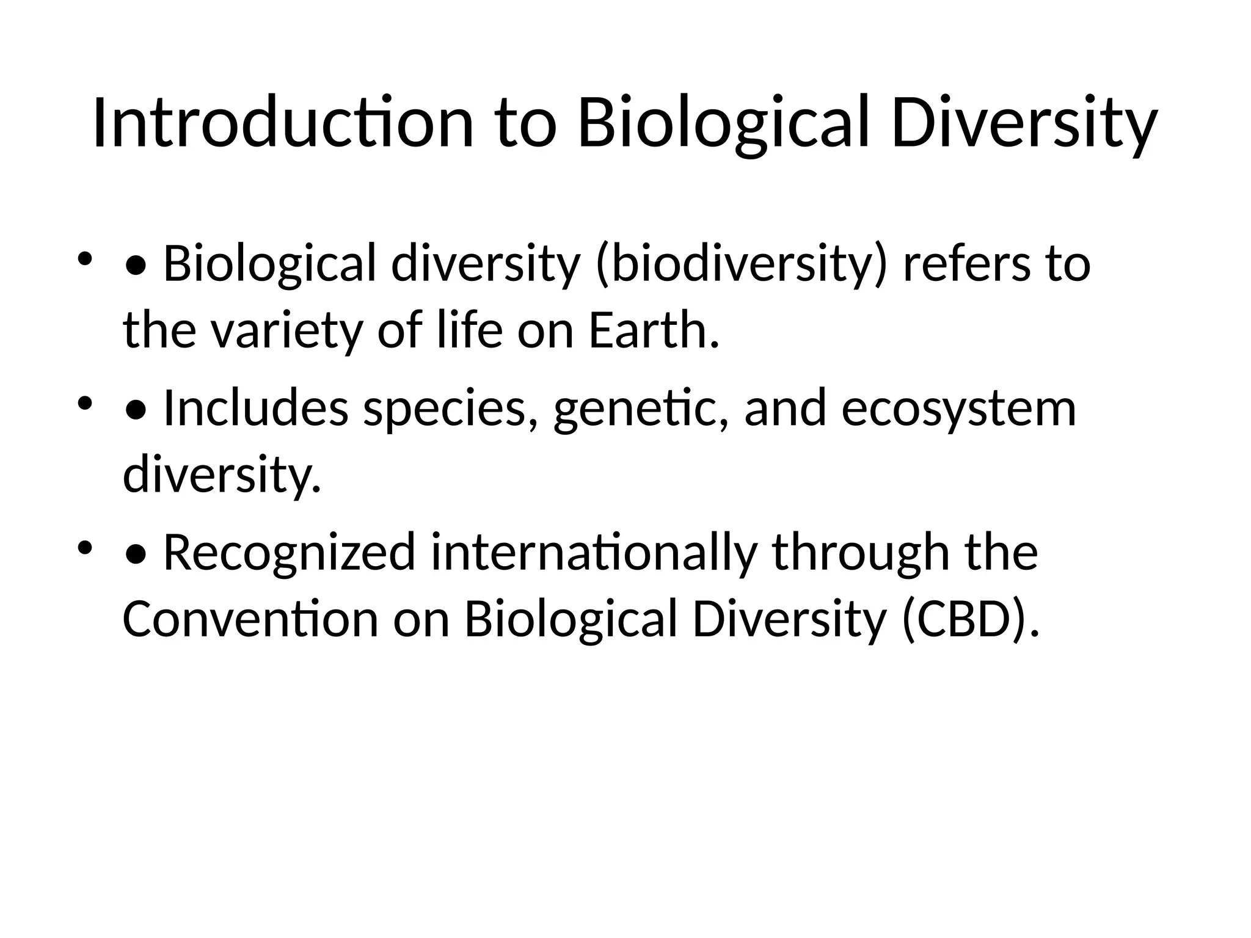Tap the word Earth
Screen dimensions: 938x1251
653,331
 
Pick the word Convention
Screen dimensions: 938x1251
250,619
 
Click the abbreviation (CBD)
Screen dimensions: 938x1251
970,619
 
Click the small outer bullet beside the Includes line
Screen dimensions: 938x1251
85,403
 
